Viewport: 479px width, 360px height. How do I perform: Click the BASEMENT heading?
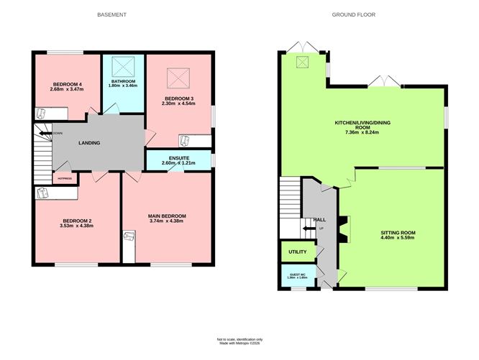click(112, 14)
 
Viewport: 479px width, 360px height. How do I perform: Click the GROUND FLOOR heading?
click(354, 14)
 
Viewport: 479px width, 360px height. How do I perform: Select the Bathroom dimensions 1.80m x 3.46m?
click(123, 86)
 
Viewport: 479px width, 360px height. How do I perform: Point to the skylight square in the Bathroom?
click(123, 68)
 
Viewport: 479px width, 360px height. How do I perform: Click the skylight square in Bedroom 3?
click(176, 76)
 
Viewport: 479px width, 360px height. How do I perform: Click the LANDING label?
click(89, 143)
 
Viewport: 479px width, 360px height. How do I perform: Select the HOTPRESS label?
click(65, 177)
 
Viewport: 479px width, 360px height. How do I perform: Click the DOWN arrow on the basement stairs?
click(45, 133)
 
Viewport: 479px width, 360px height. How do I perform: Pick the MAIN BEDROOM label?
click(167, 216)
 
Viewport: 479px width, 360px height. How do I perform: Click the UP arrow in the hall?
click(309, 229)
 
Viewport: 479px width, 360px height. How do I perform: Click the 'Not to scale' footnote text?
click(240, 338)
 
